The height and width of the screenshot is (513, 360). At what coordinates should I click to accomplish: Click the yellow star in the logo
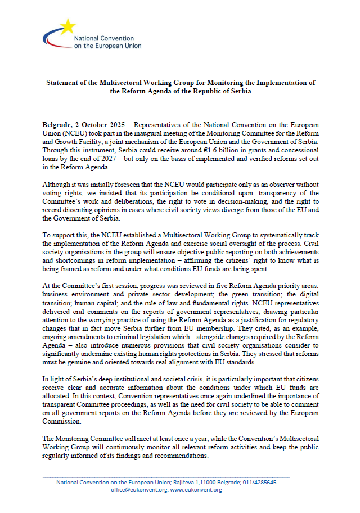click(68, 25)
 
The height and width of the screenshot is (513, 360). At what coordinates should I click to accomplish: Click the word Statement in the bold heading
click(65, 82)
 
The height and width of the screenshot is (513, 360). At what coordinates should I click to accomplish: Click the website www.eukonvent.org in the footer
click(196, 490)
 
